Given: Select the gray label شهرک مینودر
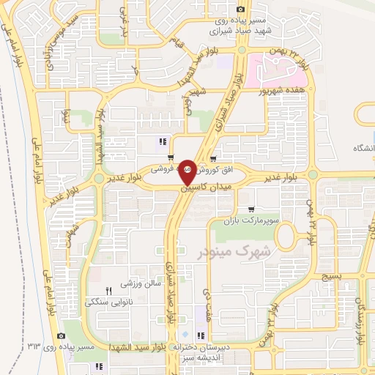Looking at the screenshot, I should pyautogui.click(x=234, y=251).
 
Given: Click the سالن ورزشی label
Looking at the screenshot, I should pyautogui.click(x=133, y=283).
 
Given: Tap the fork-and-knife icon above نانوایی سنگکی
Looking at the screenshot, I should pyautogui.click(x=109, y=290).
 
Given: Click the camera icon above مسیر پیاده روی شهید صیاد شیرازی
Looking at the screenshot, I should pyautogui.click(x=241, y=9).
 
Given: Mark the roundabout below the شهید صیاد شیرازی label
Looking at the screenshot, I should pyautogui.click(x=241, y=50).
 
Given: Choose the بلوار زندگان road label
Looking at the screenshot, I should pyautogui.click(x=359, y=319).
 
